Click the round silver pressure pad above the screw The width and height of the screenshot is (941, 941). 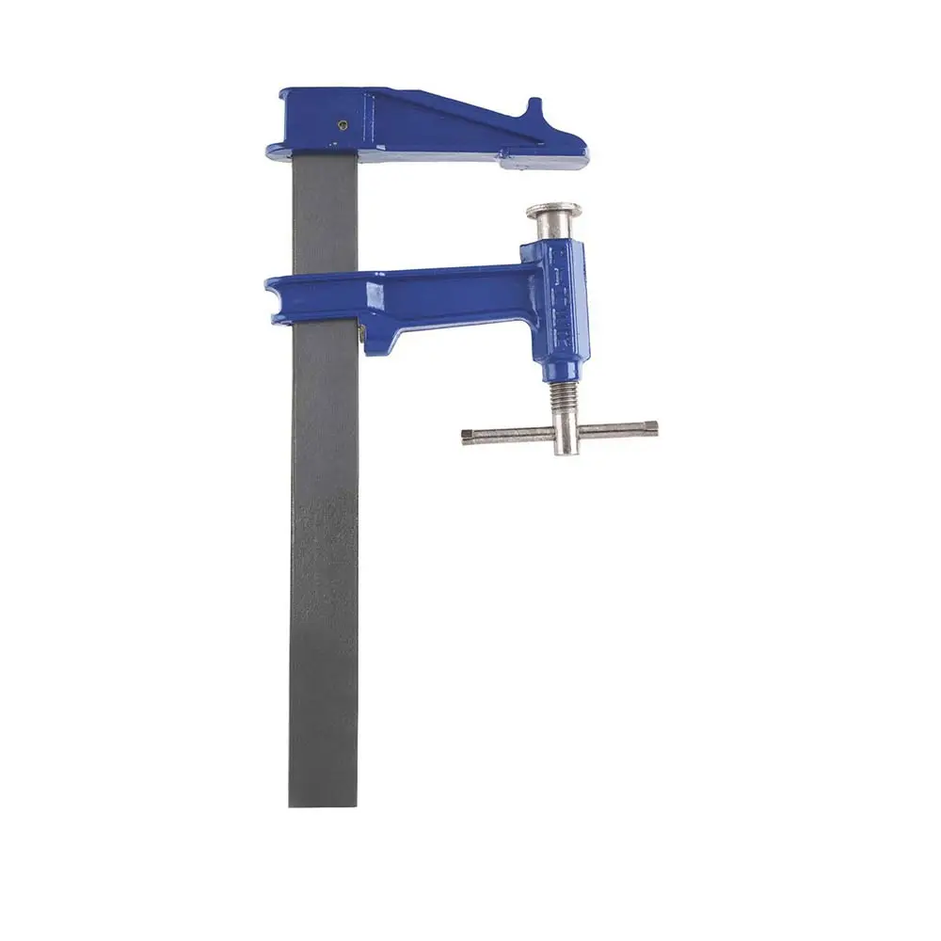point(553,211)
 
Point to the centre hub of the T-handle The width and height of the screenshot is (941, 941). point(563,434)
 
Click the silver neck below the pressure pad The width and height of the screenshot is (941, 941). point(552,231)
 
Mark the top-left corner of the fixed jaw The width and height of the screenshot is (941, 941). point(281,92)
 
